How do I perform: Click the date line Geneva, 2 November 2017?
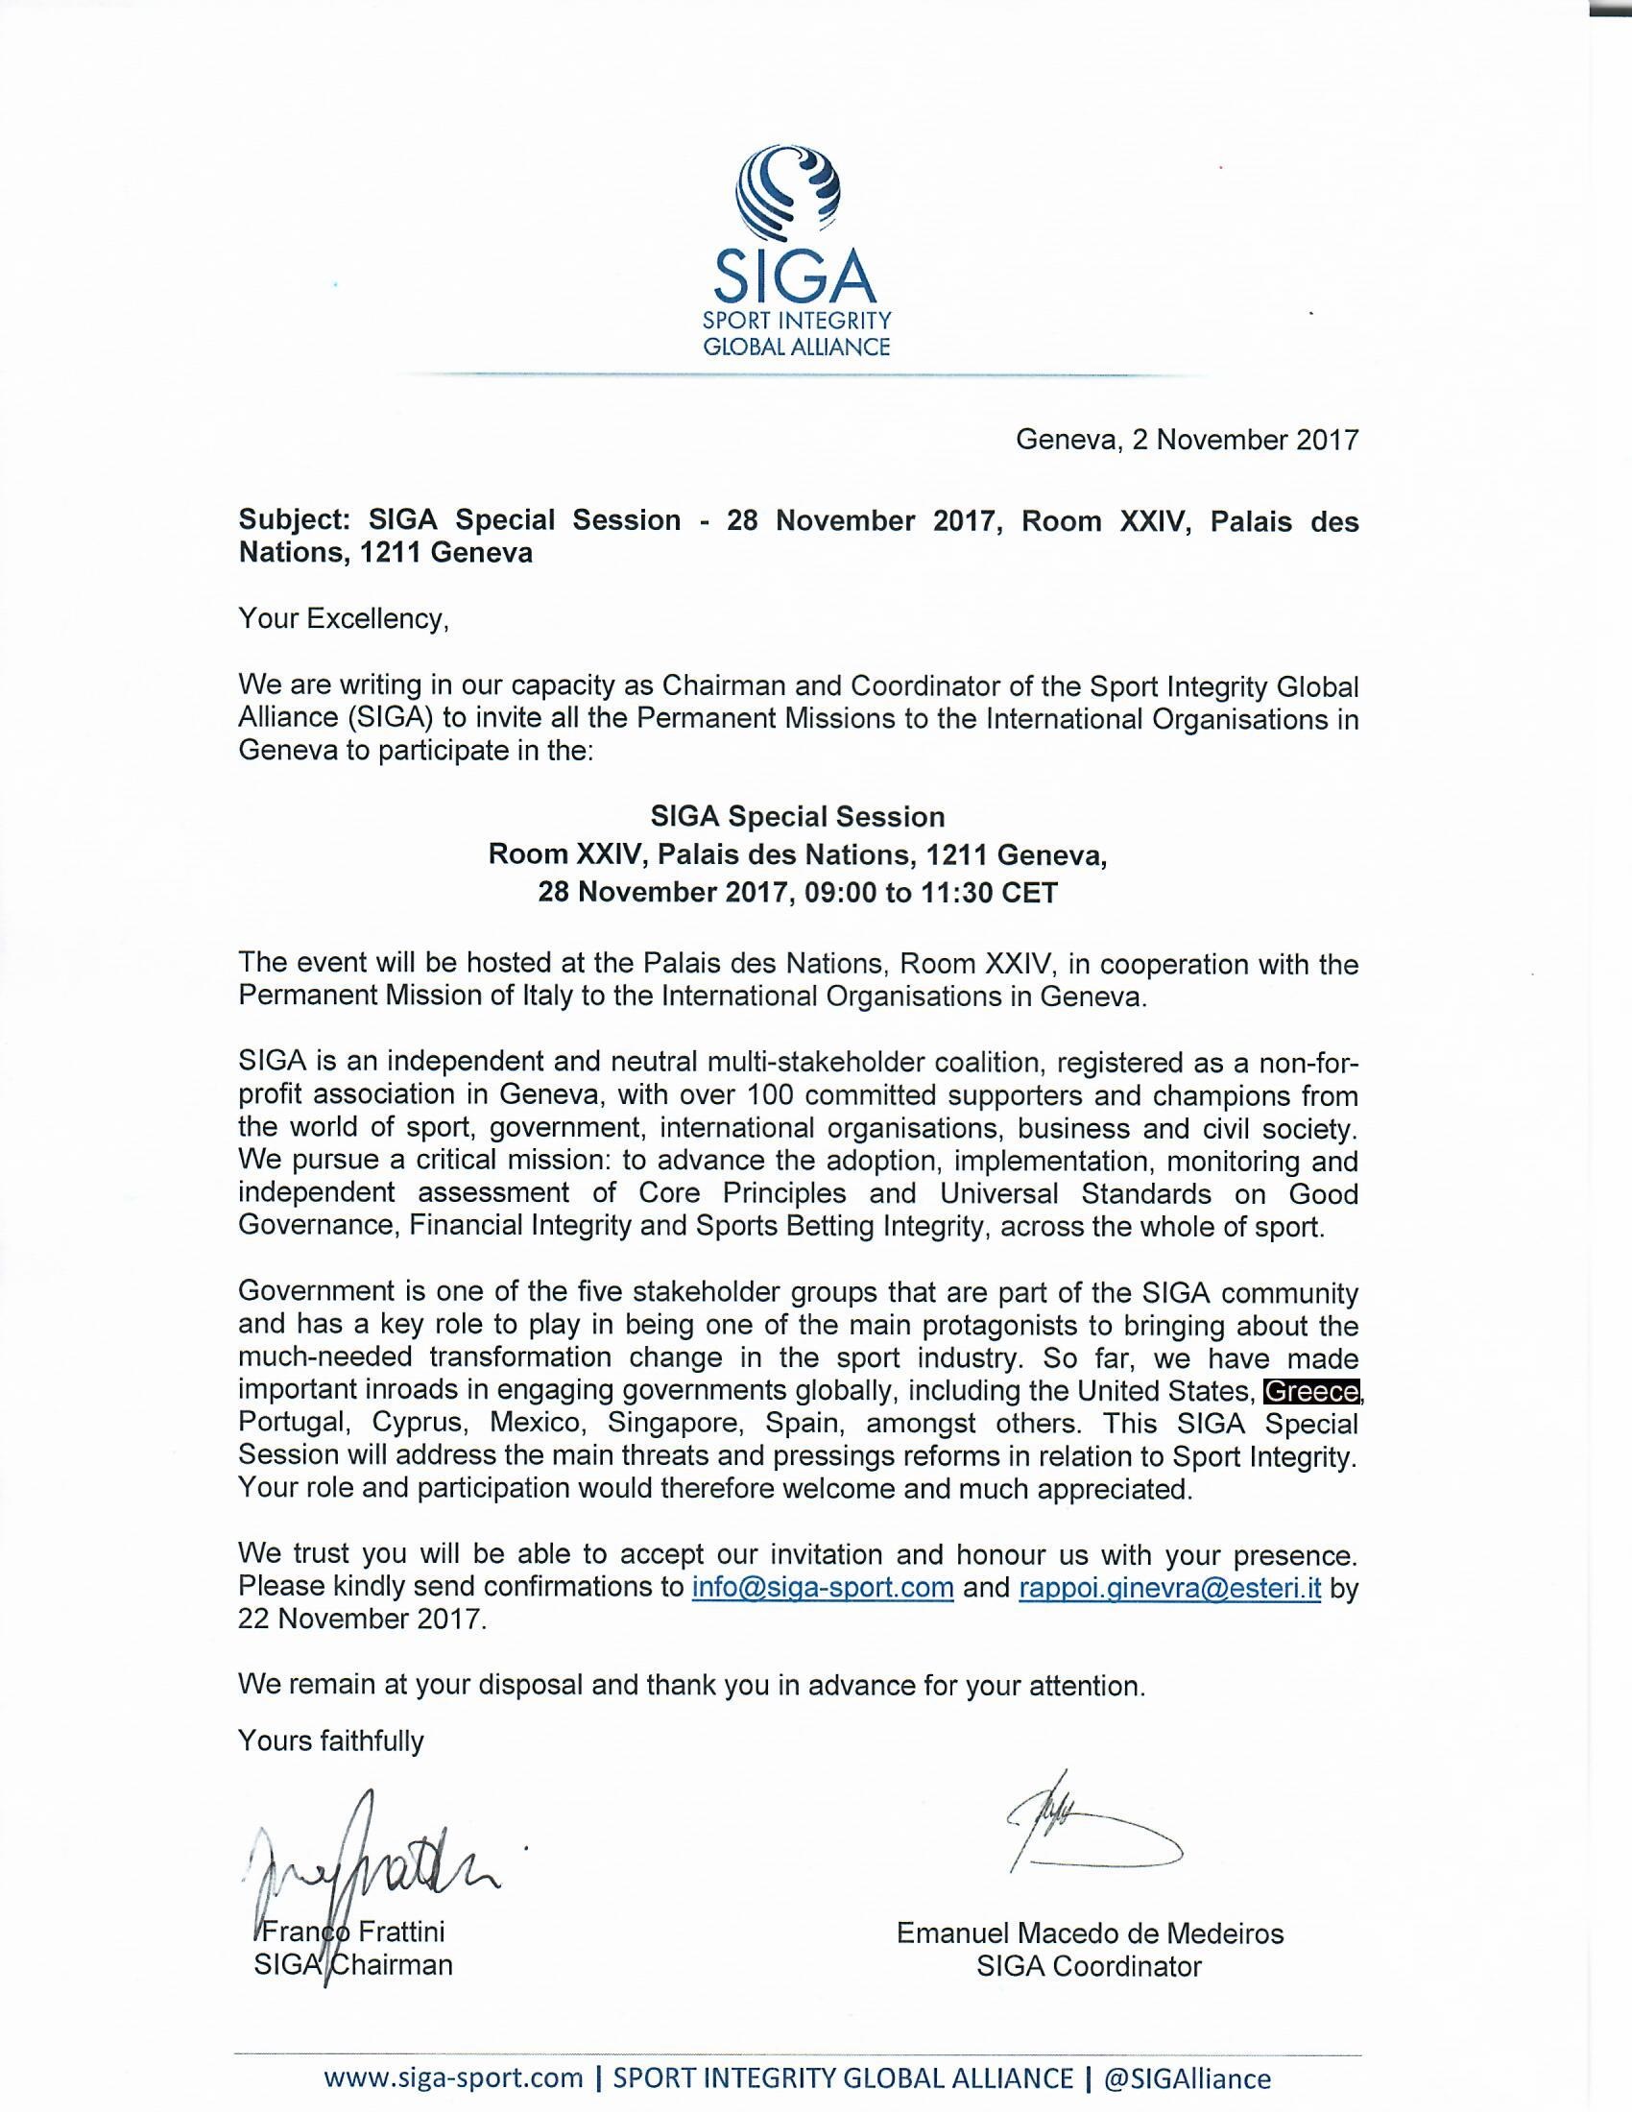pyautogui.click(x=1187, y=440)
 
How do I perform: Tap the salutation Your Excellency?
pyautogui.click(x=344, y=619)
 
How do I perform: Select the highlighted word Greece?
pyautogui.click(x=1312, y=1392)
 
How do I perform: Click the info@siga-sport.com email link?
pyautogui.click(x=823, y=1588)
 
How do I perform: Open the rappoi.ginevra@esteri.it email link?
pyautogui.click(x=1170, y=1588)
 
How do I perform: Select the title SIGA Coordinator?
pyautogui.click(x=1089, y=1966)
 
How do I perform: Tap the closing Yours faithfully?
pyautogui.click(x=330, y=1740)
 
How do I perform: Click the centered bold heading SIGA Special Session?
pyautogui.click(x=798, y=817)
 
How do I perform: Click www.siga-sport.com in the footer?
pyautogui.click(x=453, y=2078)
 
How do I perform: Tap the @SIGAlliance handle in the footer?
pyautogui.click(x=1188, y=2078)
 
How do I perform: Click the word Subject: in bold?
pyautogui.click(x=296, y=520)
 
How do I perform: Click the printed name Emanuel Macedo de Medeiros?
pyautogui.click(x=1090, y=1933)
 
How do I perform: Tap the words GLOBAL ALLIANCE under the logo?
pyautogui.click(x=797, y=348)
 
